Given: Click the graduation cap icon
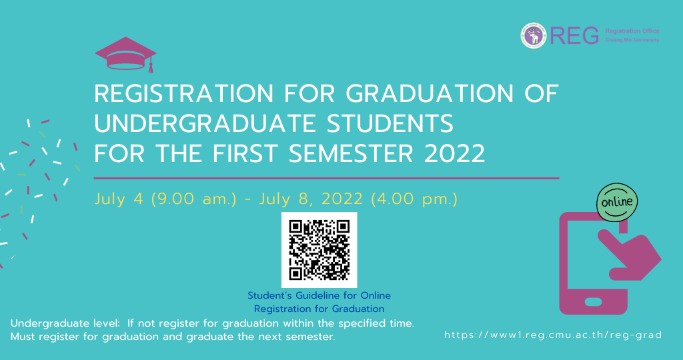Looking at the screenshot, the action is tap(125, 54).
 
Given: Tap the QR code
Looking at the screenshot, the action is tap(319, 250).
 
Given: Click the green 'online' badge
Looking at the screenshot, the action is tap(617, 203).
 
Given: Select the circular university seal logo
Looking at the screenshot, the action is tap(534, 36).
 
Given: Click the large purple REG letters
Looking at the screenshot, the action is tap(574, 36).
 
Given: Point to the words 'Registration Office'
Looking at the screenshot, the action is tap(632, 31).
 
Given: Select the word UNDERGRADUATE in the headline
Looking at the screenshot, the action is tap(205, 123).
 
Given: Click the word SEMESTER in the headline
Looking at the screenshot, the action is tap(351, 153).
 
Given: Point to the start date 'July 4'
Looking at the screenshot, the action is tap(119, 199).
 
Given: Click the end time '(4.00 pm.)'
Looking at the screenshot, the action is tap(414, 199).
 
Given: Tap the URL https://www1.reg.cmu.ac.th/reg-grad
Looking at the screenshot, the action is tap(553, 335).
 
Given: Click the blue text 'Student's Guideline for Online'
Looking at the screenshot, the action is tap(319, 295).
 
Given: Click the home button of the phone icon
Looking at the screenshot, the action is tap(593, 302).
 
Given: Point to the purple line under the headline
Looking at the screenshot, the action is tap(327, 178).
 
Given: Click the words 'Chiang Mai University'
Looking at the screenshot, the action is tap(632, 40).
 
